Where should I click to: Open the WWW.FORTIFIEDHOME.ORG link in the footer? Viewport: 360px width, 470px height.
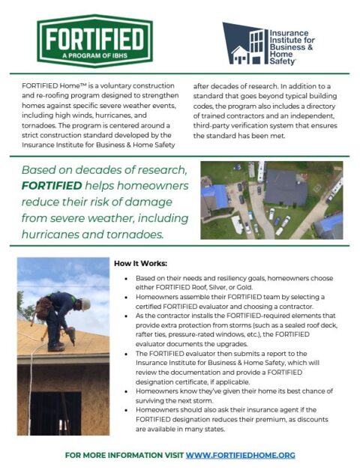[240, 455]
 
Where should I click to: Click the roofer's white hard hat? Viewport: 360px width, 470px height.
[86, 304]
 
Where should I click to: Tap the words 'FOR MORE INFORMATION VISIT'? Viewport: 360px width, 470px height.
[124, 455]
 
